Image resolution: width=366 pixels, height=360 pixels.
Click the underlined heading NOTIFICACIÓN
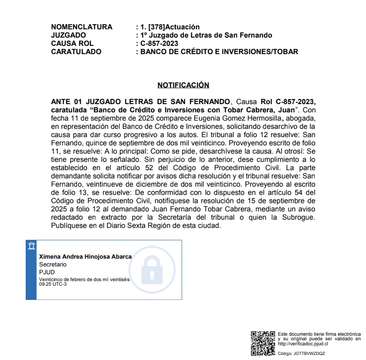click(x=183, y=85)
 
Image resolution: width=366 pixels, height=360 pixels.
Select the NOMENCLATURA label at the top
click(x=82, y=27)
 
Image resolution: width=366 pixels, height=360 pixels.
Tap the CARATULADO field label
click(x=76, y=52)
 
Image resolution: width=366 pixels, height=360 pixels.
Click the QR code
click(x=263, y=343)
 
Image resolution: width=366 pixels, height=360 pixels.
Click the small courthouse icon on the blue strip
click(x=31, y=247)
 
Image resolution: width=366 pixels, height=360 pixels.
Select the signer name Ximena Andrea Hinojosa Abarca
click(x=85, y=257)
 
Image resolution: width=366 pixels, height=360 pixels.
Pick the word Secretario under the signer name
click(x=53, y=265)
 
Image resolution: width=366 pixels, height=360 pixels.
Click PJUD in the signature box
click(x=47, y=272)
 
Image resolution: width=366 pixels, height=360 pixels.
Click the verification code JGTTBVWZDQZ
click(x=308, y=354)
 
